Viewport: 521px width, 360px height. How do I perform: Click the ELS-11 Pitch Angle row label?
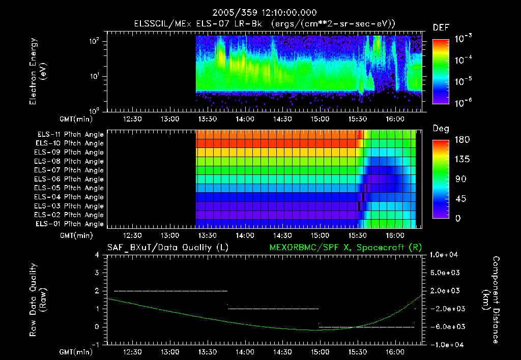pos(70,134)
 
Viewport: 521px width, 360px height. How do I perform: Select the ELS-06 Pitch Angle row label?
pos(70,179)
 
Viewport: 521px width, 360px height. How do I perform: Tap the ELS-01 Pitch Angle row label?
pos(70,224)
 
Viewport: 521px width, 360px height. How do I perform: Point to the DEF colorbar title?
pos(441,28)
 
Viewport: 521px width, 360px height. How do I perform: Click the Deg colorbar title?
pos(441,129)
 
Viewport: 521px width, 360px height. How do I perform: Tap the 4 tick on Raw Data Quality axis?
pos(97,255)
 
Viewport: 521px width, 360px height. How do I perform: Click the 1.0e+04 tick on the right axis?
pos(446,255)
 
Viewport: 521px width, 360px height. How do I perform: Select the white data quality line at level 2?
pos(170,291)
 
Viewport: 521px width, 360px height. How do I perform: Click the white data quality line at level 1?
pos(273,309)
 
